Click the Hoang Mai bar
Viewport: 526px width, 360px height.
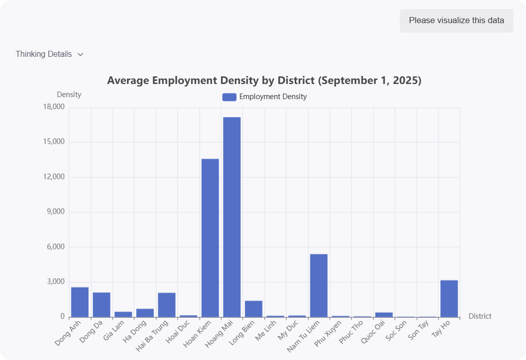[232, 217]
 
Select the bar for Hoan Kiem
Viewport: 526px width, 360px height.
[210, 238]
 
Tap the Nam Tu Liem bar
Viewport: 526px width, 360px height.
[319, 285]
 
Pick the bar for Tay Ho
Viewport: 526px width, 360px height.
[449, 298]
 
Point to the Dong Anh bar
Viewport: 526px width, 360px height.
[80, 302]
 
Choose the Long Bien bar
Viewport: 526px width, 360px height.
[253, 309]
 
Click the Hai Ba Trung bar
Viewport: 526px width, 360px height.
[166, 305]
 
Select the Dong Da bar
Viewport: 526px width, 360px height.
[102, 305]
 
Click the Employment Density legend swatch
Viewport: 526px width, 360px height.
[229, 97]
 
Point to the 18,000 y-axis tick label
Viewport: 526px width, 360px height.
[55, 107]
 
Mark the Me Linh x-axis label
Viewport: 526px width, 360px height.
[267, 330]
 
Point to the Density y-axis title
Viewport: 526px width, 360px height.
[69, 95]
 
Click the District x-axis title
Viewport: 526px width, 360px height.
[480, 316]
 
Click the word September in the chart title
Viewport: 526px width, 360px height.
[350, 80]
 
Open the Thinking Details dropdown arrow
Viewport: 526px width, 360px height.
[80, 54]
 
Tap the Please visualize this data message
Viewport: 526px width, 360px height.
[456, 21]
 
